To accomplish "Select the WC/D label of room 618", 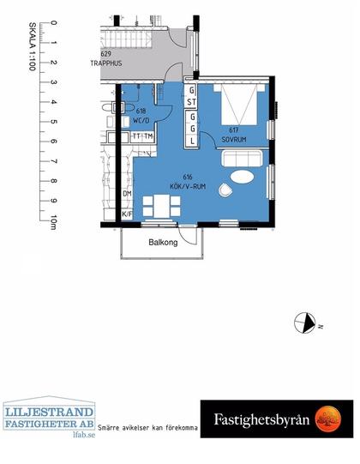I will click(x=141, y=117).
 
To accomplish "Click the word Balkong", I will click(x=162, y=242).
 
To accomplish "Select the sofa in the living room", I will click(x=243, y=158).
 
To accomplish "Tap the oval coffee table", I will click(x=243, y=178).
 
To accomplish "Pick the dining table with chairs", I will click(x=160, y=207).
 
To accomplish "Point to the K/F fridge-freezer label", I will click(x=127, y=214).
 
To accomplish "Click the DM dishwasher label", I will click(x=127, y=194).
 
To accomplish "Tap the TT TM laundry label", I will click(x=142, y=136).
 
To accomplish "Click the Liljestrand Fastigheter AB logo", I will click(x=49, y=414).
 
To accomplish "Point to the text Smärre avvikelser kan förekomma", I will click(x=148, y=427).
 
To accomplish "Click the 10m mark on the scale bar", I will click(x=54, y=223).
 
